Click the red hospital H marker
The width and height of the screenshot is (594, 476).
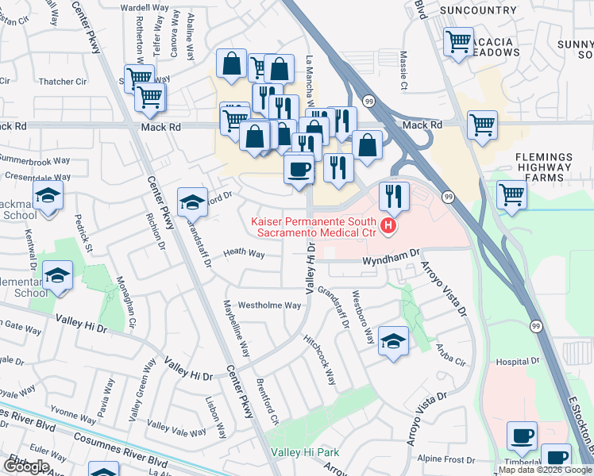point(388,227)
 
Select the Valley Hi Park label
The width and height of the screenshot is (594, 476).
point(305,452)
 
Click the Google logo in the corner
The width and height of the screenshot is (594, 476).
point(26,466)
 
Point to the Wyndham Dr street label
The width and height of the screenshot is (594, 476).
point(391,259)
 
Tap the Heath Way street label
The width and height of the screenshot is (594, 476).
point(244,253)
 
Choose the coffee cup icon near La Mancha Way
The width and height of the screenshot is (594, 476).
point(299,169)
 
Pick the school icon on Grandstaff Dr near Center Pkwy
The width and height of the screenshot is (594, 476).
point(192,202)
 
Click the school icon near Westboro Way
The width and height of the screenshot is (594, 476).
point(393,341)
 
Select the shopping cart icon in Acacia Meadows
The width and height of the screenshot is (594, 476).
point(458,42)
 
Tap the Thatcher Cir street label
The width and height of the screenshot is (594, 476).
point(63,81)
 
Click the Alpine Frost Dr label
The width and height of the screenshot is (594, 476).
point(446,459)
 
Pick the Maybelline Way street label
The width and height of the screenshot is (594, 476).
point(236,329)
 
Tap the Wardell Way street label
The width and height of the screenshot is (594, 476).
point(145,7)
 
